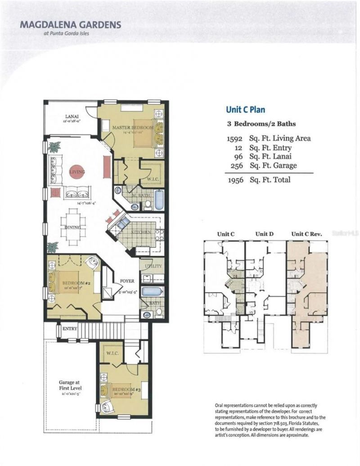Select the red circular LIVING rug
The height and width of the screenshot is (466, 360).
(x=76, y=172)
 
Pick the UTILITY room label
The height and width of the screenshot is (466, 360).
(x=150, y=266)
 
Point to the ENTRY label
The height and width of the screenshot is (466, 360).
(x=70, y=329)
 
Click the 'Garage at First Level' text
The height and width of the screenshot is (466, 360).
(x=70, y=384)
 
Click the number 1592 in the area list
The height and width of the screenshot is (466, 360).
(x=235, y=139)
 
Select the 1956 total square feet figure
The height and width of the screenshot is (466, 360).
(x=235, y=180)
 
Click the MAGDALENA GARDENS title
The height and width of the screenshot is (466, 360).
(x=70, y=25)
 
